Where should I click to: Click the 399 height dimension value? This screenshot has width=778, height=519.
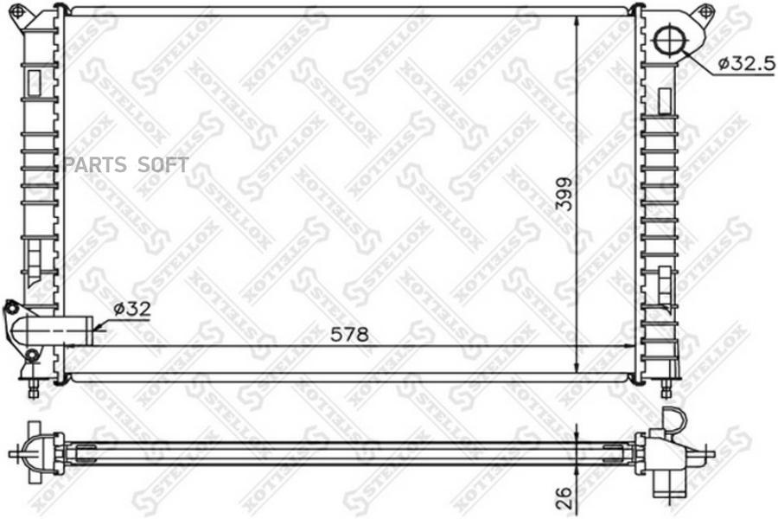click(x=564, y=194)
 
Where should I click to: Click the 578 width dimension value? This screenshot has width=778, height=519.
click(x=350, y=335)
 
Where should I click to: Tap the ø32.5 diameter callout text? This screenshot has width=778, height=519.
click(x=747, y=63)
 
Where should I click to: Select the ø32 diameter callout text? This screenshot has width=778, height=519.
click(x=131, y=309)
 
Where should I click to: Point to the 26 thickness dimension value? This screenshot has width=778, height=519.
click(x=564, y=497)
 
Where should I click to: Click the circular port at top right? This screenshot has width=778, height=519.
click(x=669, y=41)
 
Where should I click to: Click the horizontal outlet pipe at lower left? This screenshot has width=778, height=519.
click(x=54, y=330)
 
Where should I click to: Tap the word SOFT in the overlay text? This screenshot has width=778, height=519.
click(x=163, y=164)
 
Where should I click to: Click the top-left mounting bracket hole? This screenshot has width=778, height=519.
click(x=17, y=10)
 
